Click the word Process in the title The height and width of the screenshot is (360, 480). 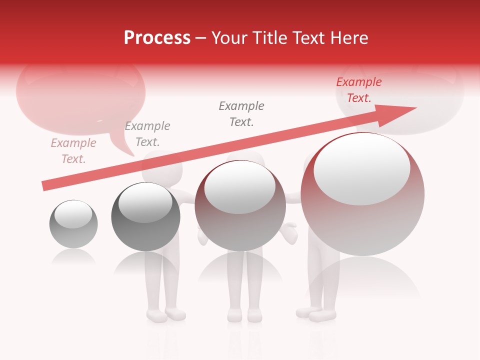tap(157, 38)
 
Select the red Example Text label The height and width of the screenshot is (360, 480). tap(358, 90)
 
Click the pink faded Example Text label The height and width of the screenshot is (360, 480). tap(73, 151)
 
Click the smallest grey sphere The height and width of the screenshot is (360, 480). tap(73, 224)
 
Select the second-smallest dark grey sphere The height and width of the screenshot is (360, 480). tap(145, 217)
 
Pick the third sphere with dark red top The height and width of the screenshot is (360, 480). tap(240, 206)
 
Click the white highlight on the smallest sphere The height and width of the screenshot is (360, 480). tap(73, 214)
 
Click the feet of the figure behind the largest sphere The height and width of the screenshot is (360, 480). tap(316, 314)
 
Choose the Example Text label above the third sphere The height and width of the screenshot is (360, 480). tap(241, 113)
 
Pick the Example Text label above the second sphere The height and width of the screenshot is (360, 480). tap(147, 134)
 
